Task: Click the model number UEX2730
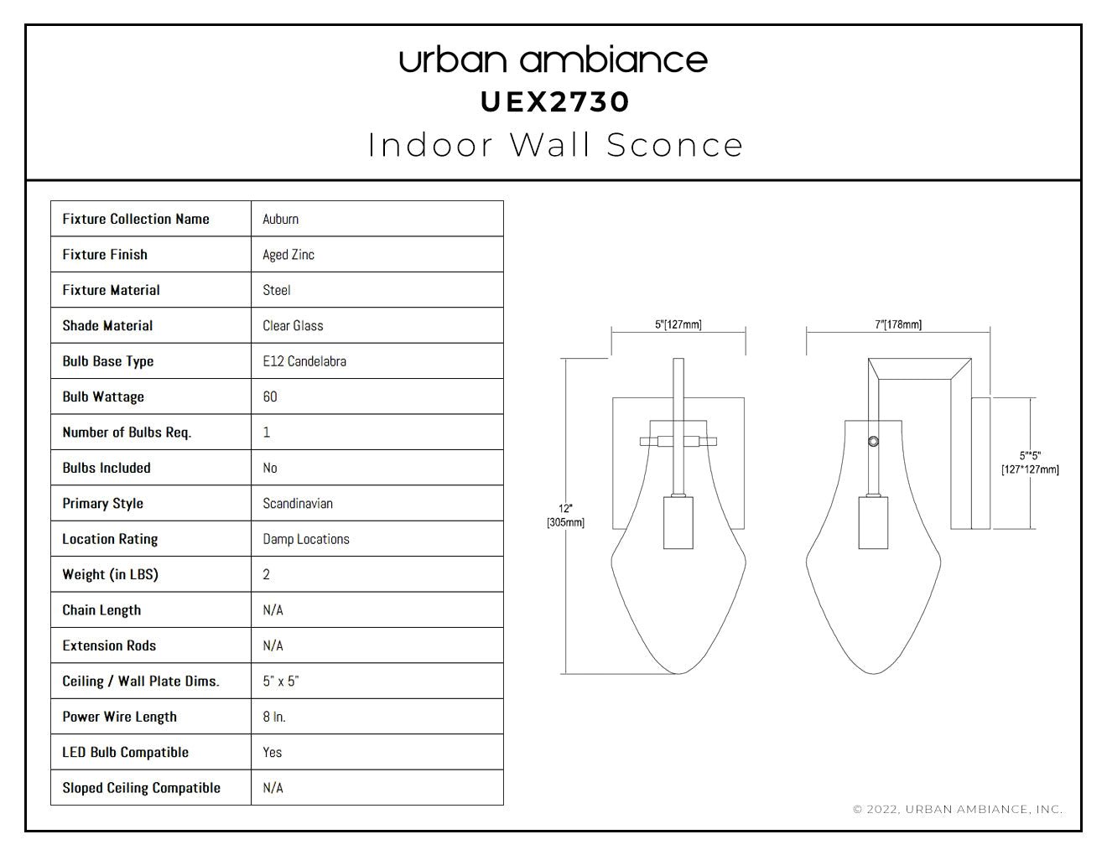(x=555, y=102)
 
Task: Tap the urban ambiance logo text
(x=553, y=60)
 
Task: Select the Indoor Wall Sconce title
(x=555, y=145)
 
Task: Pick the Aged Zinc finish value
(x=288, y=255)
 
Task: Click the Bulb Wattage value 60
(x=270, y=396)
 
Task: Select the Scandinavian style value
(x=298, y=503)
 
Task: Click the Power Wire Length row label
(x=119, y=717)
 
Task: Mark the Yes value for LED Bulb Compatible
(x=272, y=752)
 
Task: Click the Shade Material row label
(x=107, y=325)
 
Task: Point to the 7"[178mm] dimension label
(x=898, y=324)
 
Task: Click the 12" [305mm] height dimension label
(x=565, y=516)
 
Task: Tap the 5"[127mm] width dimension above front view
(x=678, y=324)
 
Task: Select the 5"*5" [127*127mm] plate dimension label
(x=1030, y=463)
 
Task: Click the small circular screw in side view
(x=873, y=442)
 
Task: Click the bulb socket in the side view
(x=873, y=522)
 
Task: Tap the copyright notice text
(x=958, y=809)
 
